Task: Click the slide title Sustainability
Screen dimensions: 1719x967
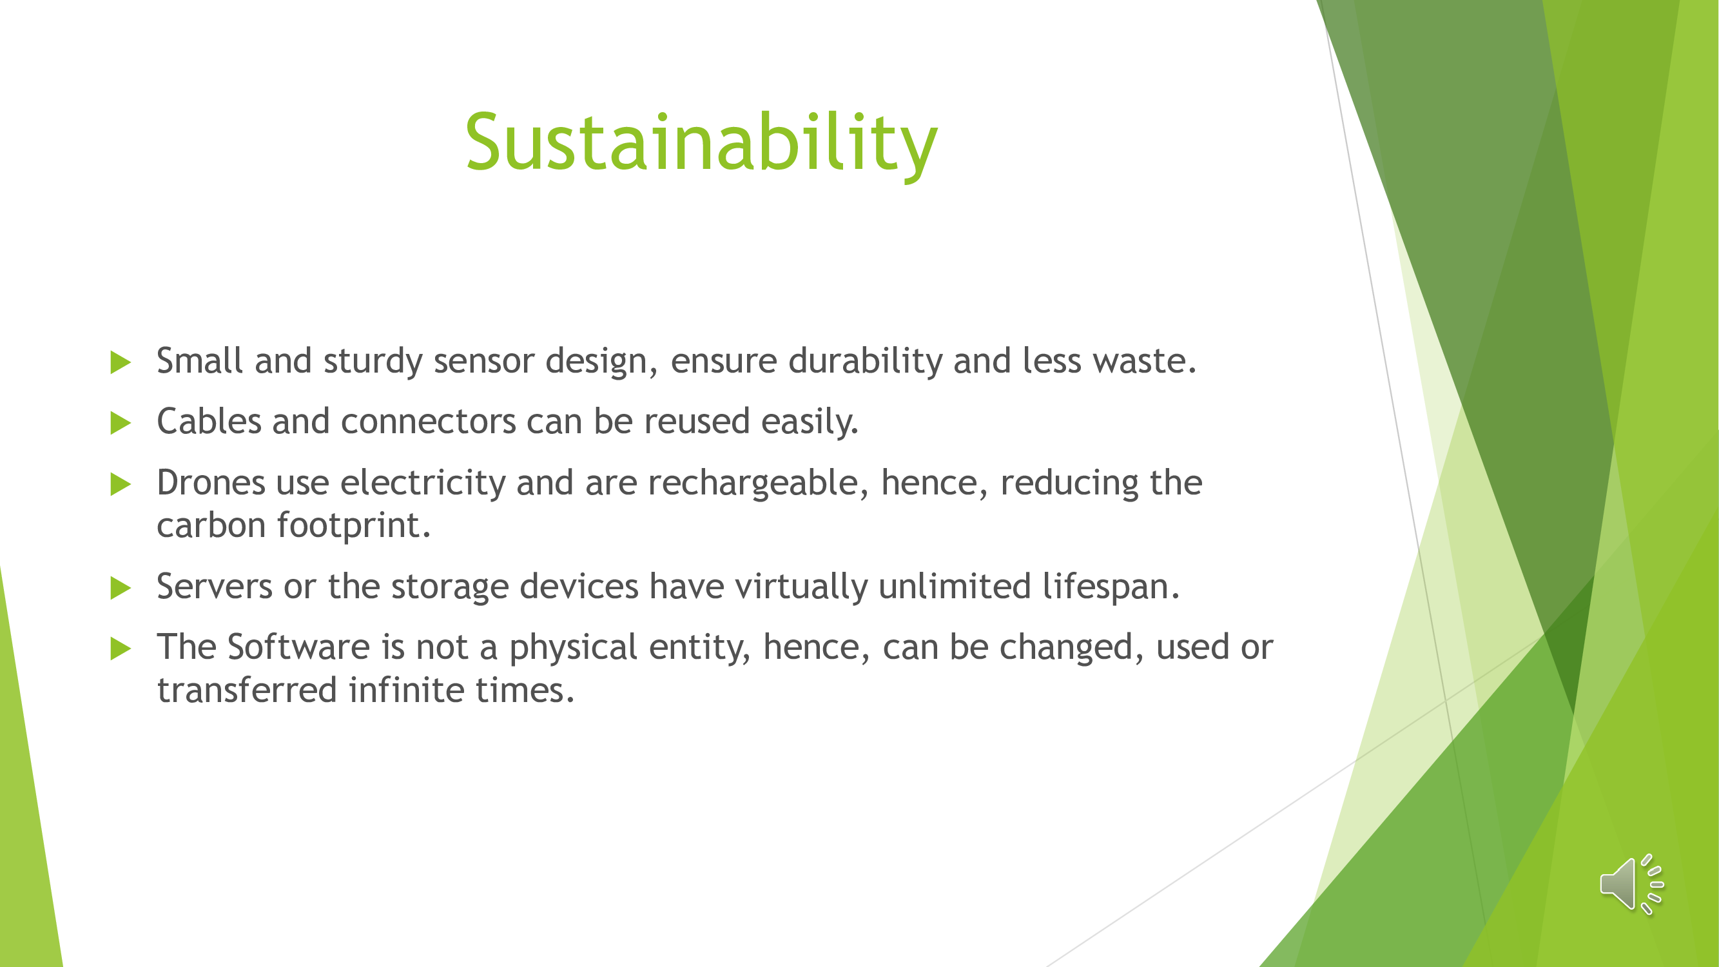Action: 701,144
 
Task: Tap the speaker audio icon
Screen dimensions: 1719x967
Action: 1631,884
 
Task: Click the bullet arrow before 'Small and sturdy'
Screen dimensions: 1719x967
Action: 120,362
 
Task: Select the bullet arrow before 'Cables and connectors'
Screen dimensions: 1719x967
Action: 120,423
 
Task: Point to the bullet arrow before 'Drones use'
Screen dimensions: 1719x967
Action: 120,485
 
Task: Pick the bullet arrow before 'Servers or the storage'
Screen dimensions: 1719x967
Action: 120,588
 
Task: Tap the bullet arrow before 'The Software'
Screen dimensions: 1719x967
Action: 120,649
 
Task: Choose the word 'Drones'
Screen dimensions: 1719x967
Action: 211,482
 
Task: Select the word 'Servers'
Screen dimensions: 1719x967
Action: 215,587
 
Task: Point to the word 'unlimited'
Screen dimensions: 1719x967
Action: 955,587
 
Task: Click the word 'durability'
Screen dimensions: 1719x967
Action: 865,362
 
